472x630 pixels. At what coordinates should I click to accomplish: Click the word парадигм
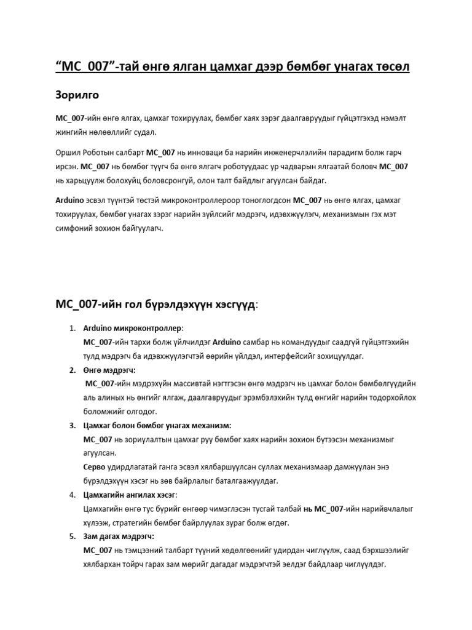tap(357, 152)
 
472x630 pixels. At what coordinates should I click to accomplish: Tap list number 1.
tap(72, 329)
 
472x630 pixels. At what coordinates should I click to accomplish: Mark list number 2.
tap(72, 370)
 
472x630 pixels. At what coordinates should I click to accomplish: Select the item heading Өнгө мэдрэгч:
tap(109, 370)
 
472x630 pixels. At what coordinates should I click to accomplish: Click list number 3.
tap(72, 426)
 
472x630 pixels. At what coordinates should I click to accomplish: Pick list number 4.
tap(72, 495)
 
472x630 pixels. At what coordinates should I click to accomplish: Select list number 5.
tap(72, 537)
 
